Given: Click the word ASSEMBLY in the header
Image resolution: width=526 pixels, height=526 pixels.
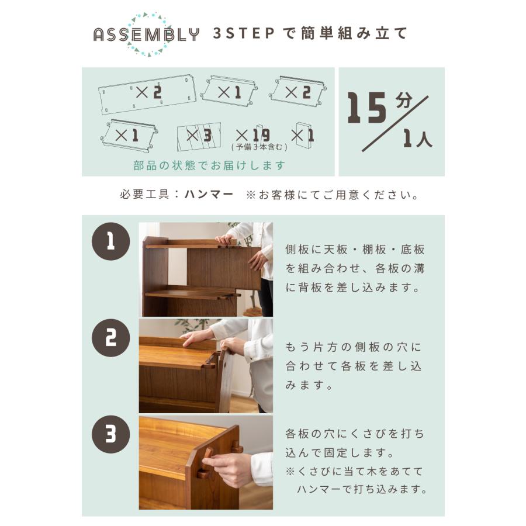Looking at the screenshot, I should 146,34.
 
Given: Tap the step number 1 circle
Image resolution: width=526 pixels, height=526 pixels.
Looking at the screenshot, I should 110,240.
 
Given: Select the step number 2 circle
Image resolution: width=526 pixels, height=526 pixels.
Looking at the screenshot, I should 110,337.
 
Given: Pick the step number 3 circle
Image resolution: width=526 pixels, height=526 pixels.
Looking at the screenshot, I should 110,434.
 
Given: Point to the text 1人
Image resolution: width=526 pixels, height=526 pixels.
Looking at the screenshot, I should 417,139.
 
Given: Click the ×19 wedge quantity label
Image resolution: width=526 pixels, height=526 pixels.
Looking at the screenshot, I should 252,136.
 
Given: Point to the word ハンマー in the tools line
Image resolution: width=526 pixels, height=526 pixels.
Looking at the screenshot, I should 209,195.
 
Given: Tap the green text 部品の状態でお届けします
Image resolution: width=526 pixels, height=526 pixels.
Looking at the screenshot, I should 209,165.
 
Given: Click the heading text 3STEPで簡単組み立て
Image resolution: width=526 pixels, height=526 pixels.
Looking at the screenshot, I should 310,33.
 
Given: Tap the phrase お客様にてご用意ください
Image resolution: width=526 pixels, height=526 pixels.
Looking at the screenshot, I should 338,195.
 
